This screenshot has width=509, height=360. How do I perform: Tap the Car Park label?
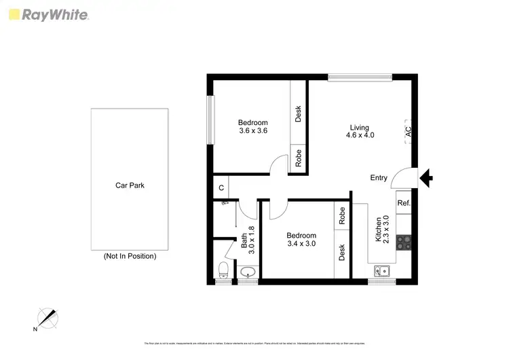pyautogui.click(x=130, y=185)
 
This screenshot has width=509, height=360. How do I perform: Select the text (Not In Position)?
pyautogui.click(x=130, y=256)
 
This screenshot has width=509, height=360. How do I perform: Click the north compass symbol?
pyautogui.click(x=46, y=318)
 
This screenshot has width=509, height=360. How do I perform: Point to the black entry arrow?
pyautogui.click(x=427, y=179)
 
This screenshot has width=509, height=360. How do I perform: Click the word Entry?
pyautogui.click(x=379, y=178)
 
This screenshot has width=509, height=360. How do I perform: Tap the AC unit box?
pyautogui.click(x=408, y=130)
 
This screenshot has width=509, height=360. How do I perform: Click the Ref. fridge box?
pyautogui.click(x=403, y=203)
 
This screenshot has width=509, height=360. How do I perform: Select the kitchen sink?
pyautogui.click(x=384, y=271)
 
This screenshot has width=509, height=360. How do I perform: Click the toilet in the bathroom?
pyautogui.click(x=222, y=270)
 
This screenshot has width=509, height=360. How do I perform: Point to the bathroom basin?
pyautogui.click(x=248, y=273)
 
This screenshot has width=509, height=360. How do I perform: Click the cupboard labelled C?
pyautogui.click(x=221, y=188)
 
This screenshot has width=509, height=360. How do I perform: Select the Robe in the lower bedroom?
pyautogui.click(x=342, y=215)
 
